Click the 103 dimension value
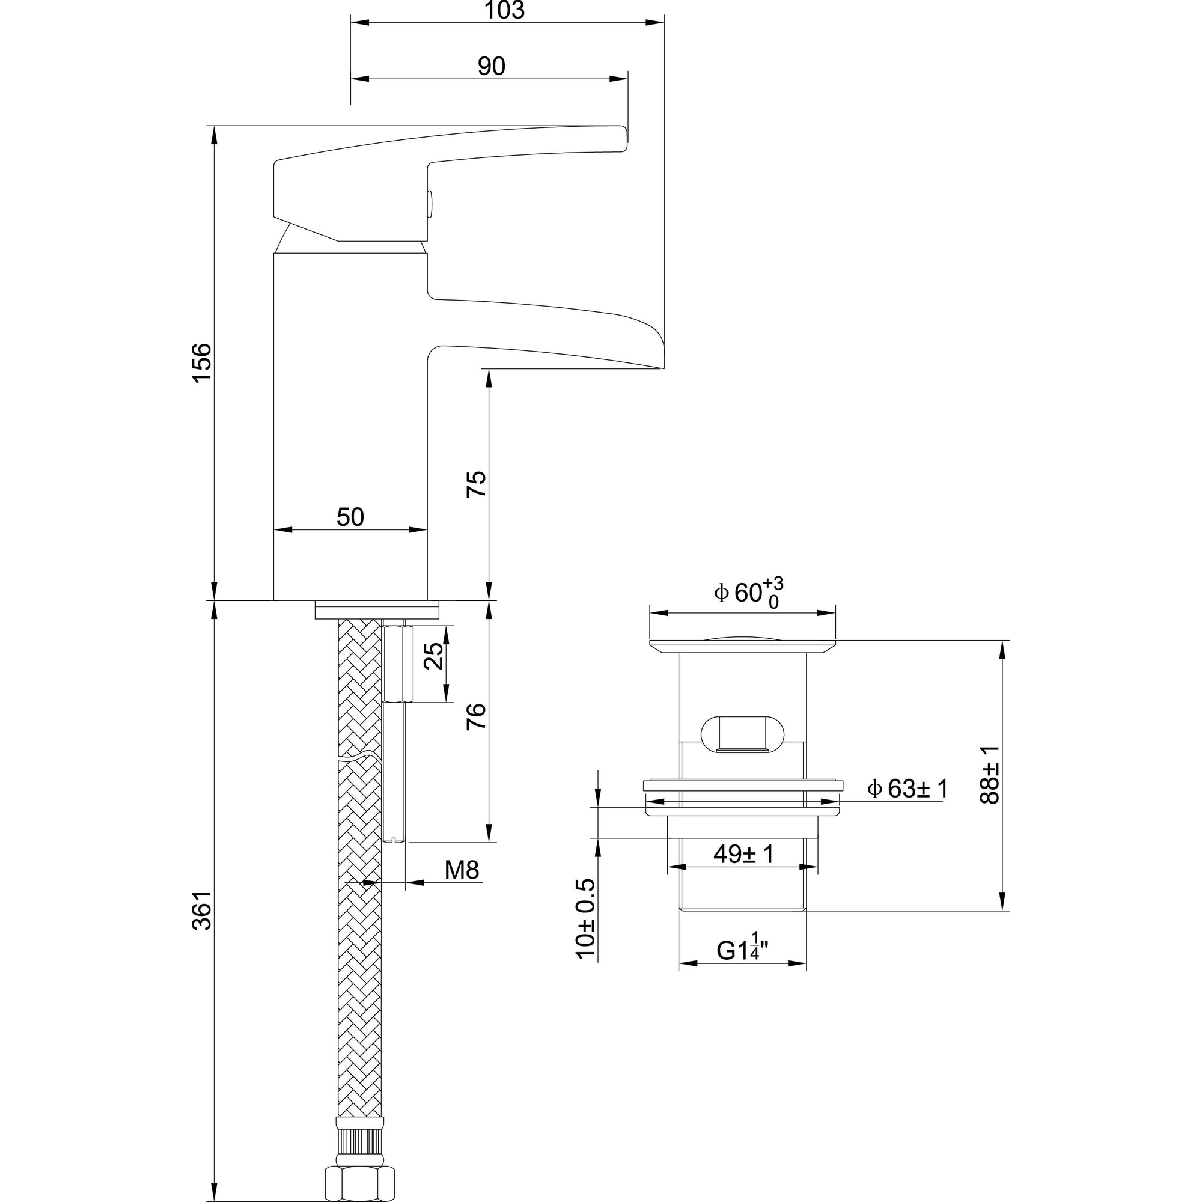click(x=505, y=10)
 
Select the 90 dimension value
click(x=492, y=66)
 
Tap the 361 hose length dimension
click(x=201, y=911)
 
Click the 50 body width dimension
click(x=350, y=517)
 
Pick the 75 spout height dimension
click(x=476, y=484)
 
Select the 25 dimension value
click(x=434, y=655)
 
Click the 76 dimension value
click(x=476, y=716)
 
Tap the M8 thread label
click(x=462, y=870)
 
